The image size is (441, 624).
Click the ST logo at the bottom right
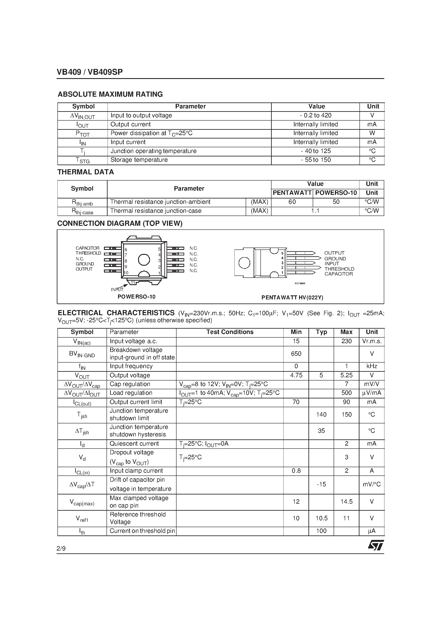coord(376,545)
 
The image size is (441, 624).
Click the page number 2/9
coord(61,548)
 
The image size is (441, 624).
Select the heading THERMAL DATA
coord(86,172)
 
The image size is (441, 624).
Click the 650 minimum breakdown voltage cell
coord(296,354)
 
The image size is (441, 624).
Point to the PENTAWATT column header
coord(292,193)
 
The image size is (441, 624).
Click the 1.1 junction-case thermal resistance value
coord(315,211)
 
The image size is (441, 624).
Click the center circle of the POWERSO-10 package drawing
coord(144,260)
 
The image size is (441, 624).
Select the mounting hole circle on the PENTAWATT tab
coord(244,263)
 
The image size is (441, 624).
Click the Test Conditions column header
coord(230,332)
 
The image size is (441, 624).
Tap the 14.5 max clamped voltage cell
coord(346,502)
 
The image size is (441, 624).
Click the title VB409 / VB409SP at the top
coord(90,72)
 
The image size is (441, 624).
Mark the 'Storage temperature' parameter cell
coord(139,160)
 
